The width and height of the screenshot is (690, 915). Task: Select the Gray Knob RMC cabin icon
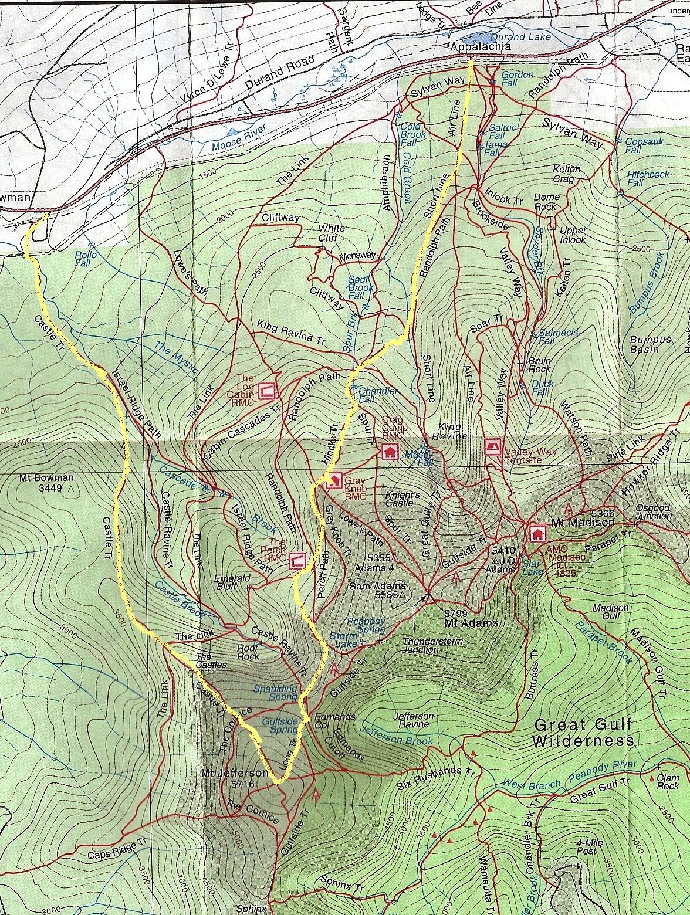click(334, 480)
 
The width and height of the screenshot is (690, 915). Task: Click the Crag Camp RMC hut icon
click(388, 451)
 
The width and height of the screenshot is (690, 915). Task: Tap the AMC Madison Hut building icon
click(536, 533)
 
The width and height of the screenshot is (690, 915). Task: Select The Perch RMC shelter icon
click(297, 560)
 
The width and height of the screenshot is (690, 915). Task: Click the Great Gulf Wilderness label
click(583, 732)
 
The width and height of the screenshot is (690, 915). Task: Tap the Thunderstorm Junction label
click(432, 645)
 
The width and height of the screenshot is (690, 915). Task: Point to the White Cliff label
click(331, 233)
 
